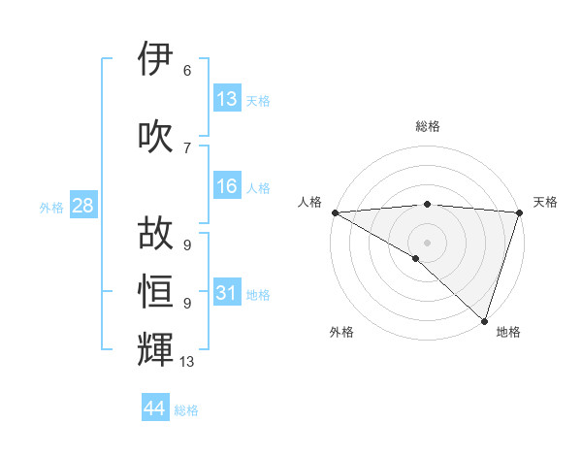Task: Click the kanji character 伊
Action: [x=156, y=60]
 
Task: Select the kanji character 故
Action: [x=156, y=234]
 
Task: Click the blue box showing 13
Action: [x=227, y=99]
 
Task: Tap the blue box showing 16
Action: [x=227, y=186]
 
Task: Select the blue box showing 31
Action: [x=227, y=293]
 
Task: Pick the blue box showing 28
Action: [x=82, y=206]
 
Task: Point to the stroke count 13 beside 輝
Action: [x=187, y=362]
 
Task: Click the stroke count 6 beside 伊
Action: [x=187, y=71]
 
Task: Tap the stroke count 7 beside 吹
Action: [x=187, y=148]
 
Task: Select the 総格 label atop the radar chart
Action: [x=427, y=126]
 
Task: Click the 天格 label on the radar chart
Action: [x=545, y=202]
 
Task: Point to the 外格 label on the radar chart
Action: [x=341, y=332]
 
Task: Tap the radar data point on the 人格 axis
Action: [x=335, y=212]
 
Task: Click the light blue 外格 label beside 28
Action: [x=51, y=207]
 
